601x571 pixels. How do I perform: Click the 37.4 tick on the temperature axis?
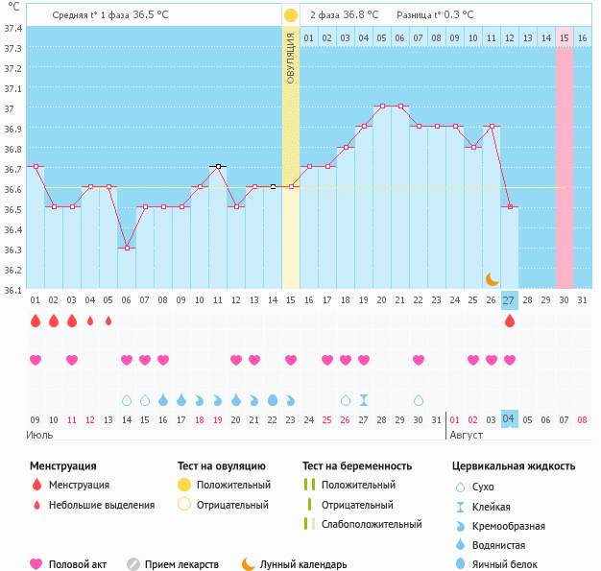tap(13, 28)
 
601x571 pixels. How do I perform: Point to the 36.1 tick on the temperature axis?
tap(13, 288)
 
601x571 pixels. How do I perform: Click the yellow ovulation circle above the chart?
tap(290, 15)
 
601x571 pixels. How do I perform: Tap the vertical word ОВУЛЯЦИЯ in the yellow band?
tap(290, 59)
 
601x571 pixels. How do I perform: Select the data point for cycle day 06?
tap(127, 248)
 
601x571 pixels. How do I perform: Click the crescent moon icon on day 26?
tap(492, 278)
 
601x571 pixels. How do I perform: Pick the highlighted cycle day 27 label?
tap(509, 300)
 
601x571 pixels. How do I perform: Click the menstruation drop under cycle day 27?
tap(509, 321)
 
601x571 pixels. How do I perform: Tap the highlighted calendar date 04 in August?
tap(509, 419)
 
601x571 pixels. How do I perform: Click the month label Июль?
tap(39, 435)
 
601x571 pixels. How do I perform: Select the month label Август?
tap(468, 435)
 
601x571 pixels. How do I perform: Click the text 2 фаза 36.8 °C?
tap(344, 15)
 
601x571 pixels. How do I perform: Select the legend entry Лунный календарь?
tap(303, 565)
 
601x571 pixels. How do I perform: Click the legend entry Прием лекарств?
tap(181, 565)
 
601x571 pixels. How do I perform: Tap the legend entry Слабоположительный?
tap(372, 524)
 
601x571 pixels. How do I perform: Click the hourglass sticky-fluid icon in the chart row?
tap(364, 399)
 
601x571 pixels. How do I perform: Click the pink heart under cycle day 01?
tap(36, 360)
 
